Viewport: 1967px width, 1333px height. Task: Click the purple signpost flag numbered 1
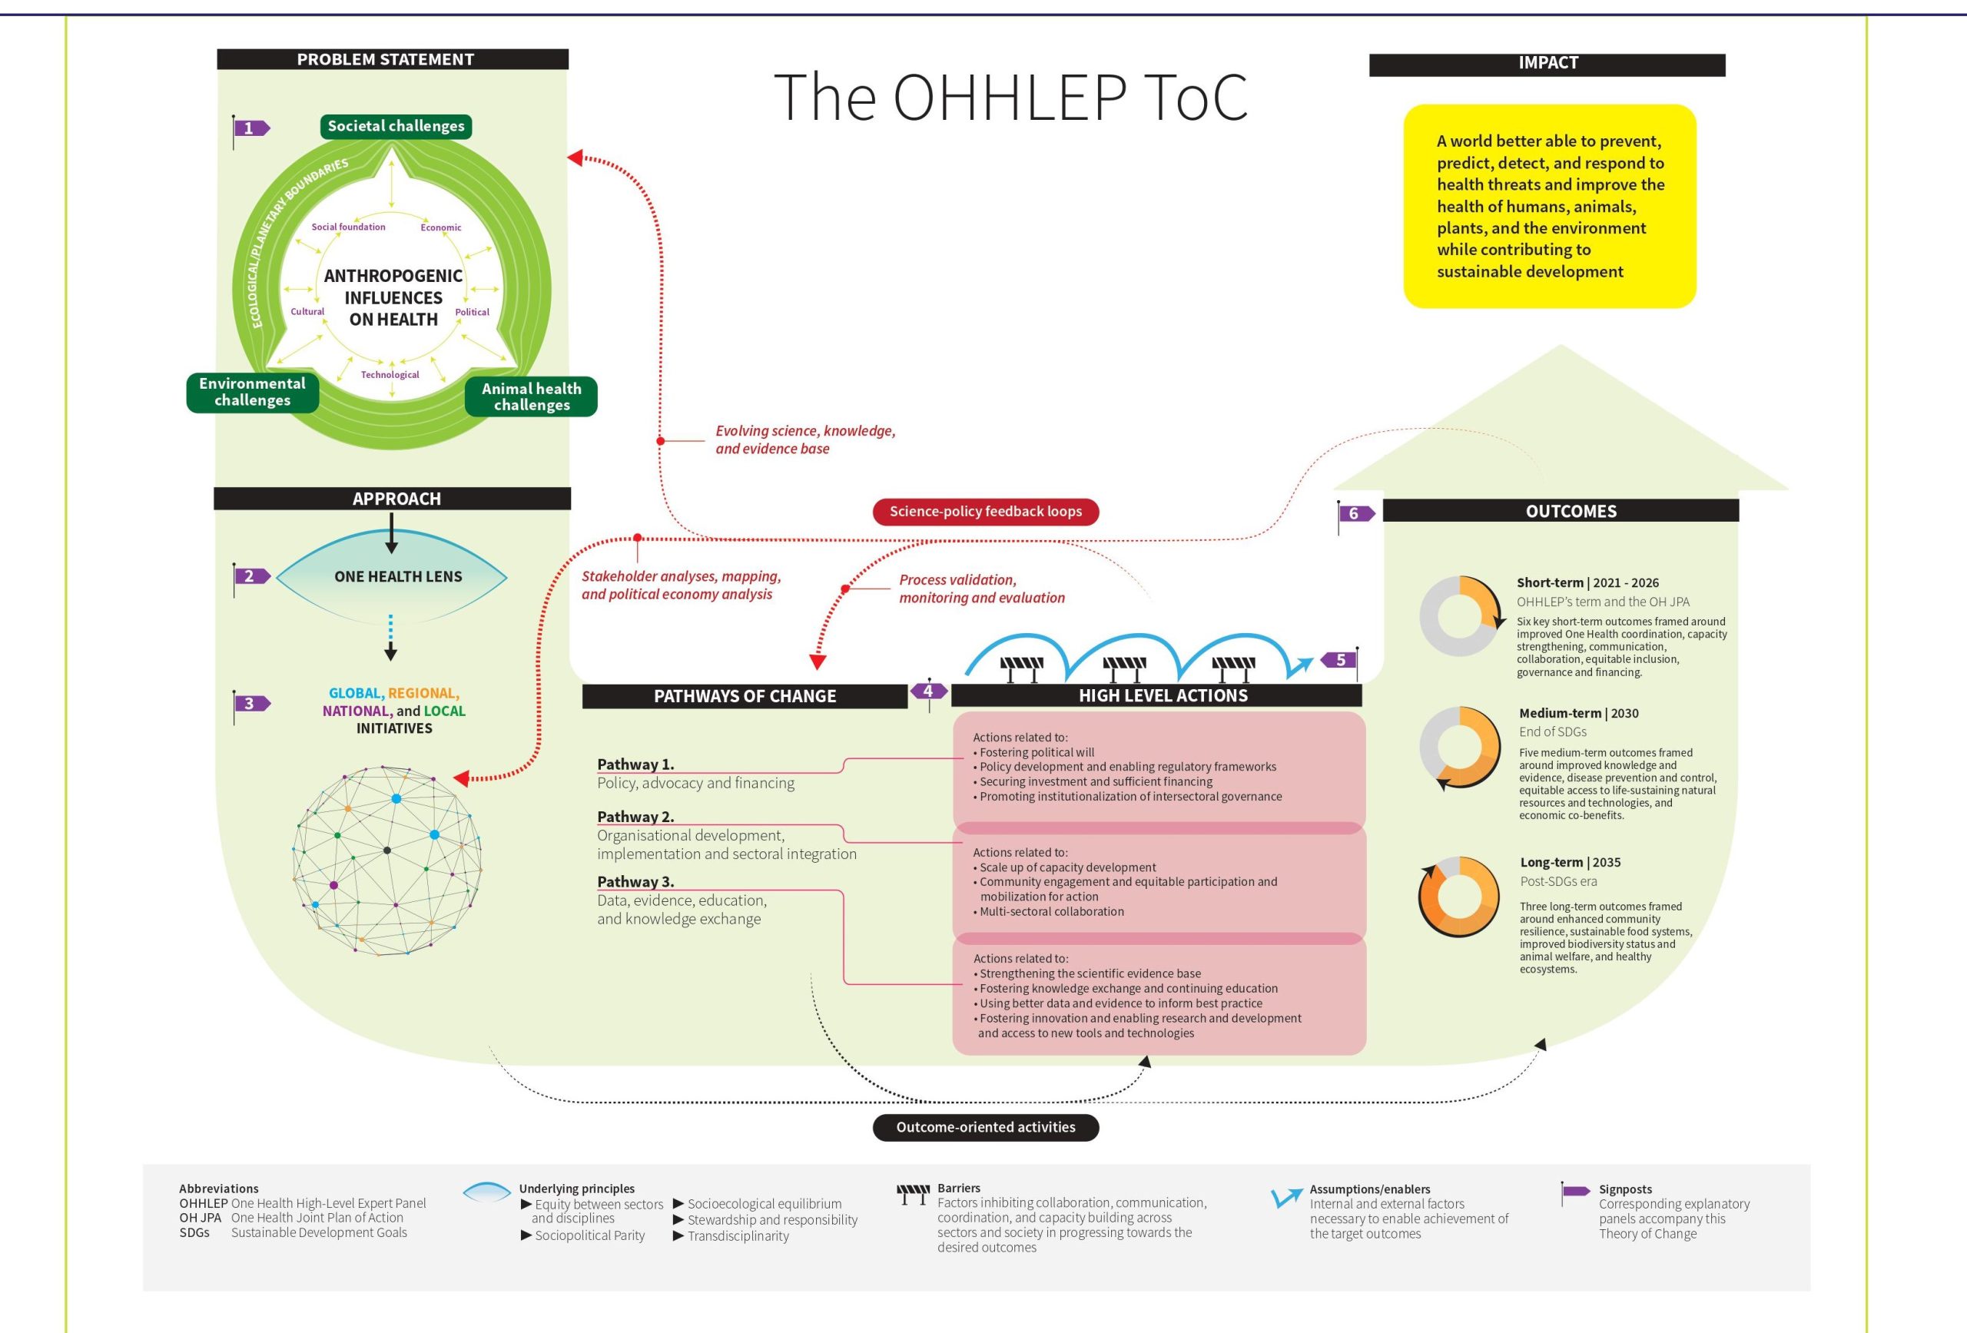pos(250,128)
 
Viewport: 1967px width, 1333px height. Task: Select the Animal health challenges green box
pos(532,396)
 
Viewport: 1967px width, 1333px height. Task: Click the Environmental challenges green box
pos(252,392)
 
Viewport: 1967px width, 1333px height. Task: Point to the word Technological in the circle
pos(390,375)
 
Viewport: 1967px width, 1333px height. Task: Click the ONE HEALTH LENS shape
pos(392,576)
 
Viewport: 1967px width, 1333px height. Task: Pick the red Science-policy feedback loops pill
pos(985,511)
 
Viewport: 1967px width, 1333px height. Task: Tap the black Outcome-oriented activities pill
pos(985,1127)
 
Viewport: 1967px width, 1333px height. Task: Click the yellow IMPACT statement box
pos(1549,206)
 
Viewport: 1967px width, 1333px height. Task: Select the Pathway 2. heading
pos(635,817)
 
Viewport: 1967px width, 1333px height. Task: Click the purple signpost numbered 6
pos(1355,514)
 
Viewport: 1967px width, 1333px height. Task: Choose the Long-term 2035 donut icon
pos(1458,897)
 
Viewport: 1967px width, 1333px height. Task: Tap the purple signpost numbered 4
pos(927,691)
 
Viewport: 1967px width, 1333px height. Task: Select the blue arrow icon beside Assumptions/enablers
pos(1286,1197)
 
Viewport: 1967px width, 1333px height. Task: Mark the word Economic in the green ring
pos(441,227)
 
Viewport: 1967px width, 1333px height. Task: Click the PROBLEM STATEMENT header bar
pos(393,59)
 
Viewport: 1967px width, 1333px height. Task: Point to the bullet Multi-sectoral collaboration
pos(1051,911)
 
